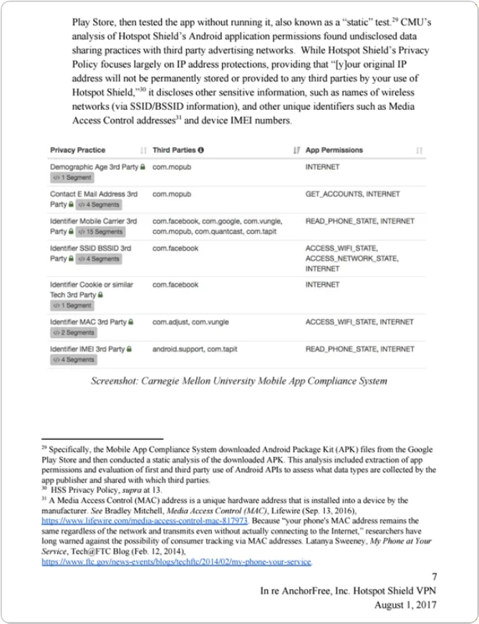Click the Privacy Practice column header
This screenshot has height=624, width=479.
pos(77,150)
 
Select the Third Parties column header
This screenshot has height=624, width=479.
pos(174,150)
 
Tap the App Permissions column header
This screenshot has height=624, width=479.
pos(334,150)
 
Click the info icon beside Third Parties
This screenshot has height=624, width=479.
pos(201,150)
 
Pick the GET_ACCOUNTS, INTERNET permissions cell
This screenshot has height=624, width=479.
pos(352,194)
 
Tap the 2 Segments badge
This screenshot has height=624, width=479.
pos(73,333)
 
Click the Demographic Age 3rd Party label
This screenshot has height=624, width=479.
pos(93,167)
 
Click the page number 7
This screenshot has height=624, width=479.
pos(435,577)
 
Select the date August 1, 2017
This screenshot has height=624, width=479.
pos(405,605)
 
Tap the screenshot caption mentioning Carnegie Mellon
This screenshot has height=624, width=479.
pos(238,381)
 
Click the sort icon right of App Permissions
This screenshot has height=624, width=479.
pos(420,150)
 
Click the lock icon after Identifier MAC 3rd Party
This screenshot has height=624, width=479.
pos(131,322)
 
